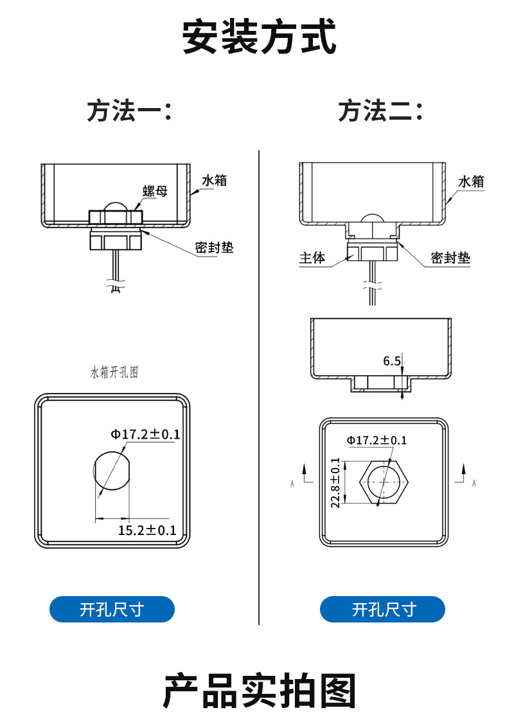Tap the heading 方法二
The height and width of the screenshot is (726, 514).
(x=381, y=111)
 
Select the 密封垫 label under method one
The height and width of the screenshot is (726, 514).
(x=215, y=248)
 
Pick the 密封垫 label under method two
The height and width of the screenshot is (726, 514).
(x=450, y=259)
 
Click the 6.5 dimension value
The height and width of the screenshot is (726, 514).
(x=392, y=361)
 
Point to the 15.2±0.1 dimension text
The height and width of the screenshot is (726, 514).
(x=147, y=530)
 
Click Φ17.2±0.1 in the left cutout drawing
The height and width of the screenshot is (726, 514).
(x=145, y=435)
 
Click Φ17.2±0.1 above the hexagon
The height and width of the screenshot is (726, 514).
(x=377, y=440)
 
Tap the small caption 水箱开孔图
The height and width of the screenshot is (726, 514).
(x=114, y=372)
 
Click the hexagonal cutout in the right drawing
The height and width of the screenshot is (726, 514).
(x=383, y=482)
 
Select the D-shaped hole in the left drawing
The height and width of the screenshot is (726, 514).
(x=111, y=471)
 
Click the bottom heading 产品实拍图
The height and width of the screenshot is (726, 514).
(x=259, y=691)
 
